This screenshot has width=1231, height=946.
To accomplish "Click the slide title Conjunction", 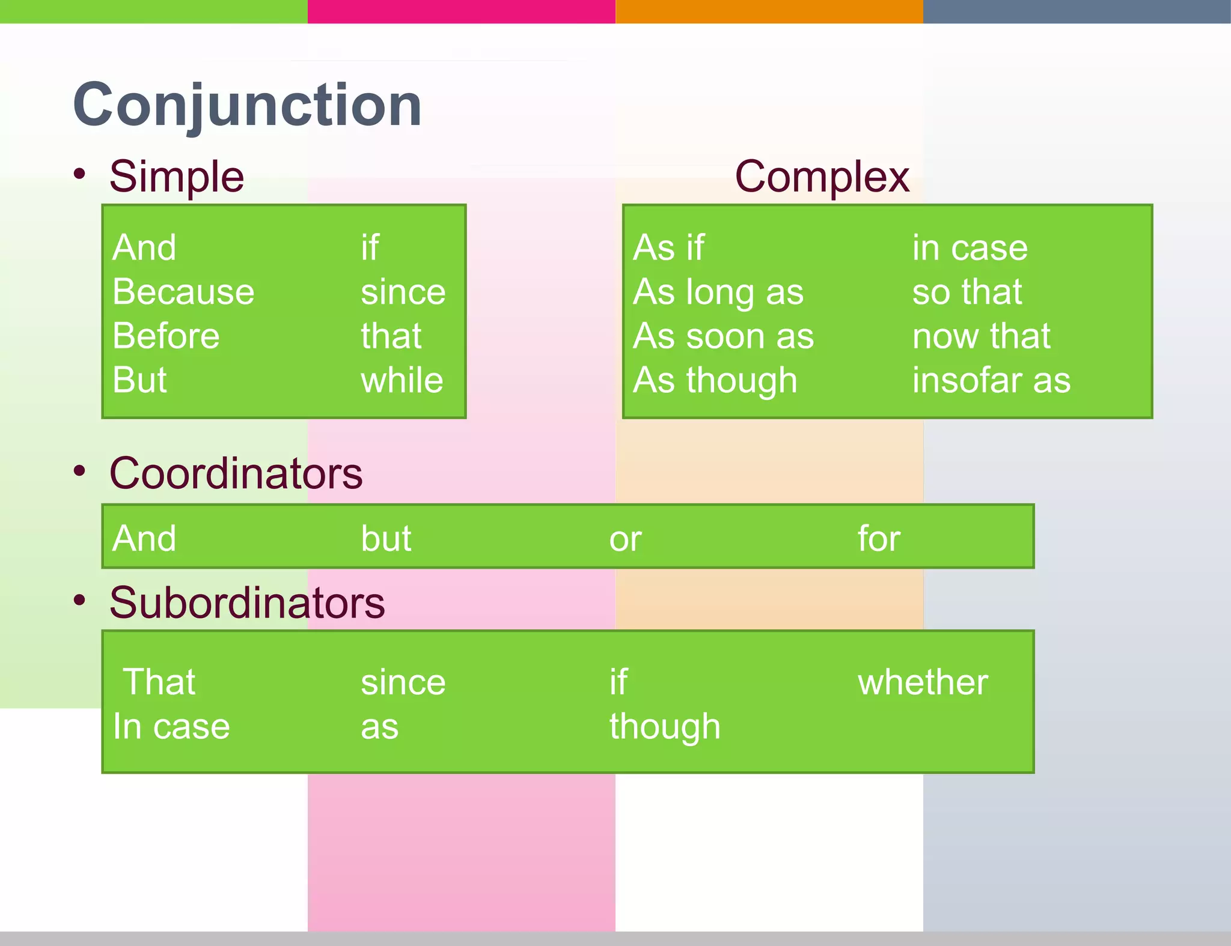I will tap(247, 106).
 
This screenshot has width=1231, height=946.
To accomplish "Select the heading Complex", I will tap(822, 177).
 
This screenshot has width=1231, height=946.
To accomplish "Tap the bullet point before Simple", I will tap(80, 174).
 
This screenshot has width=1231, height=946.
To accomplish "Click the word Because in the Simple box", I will tap(183, 293).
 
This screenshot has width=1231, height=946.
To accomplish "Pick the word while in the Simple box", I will tap(402, 381).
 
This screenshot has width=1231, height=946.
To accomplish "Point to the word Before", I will tap(166, 336).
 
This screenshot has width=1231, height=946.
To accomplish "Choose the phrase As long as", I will tap(718, 293).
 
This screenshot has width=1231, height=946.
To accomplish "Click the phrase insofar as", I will tap(991, 381).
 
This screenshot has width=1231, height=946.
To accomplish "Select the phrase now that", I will tap(981, 336).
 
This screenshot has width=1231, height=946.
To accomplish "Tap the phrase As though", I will tap(715, 381).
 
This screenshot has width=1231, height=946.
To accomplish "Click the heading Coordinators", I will tap(236, 474).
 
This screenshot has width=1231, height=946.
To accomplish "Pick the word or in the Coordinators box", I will tap(625, 539).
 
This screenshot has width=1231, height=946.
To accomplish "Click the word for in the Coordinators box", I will tap(879, 539).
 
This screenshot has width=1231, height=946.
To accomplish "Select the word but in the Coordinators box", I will tap(386, 539).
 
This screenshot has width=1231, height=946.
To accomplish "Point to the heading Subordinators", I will tap(247, 603).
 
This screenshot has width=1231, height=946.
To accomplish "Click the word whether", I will tap(923, 683).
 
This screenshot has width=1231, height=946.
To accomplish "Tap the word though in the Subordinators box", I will tap(665, 727).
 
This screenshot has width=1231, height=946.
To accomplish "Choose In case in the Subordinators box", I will tap(171, 727).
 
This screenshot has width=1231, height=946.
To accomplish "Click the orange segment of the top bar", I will tap(769, 11).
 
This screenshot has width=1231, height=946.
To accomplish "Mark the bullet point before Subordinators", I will tap(80, 600).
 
